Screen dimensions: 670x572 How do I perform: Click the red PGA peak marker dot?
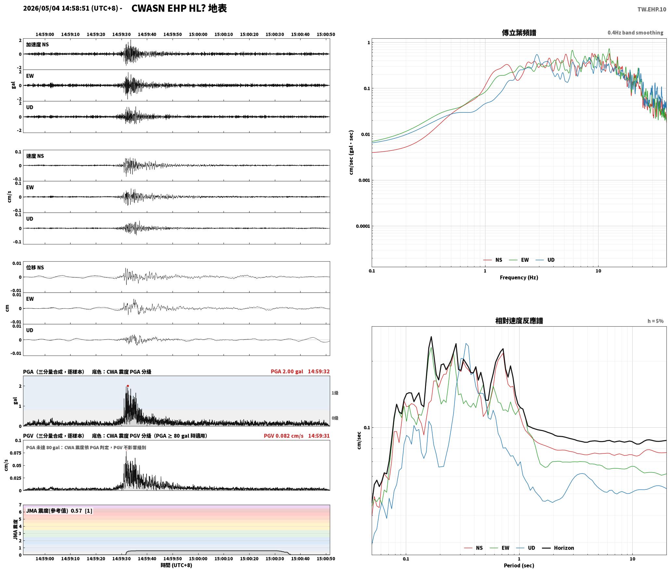coord(128,386)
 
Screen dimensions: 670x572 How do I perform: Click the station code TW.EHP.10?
coord(651,9)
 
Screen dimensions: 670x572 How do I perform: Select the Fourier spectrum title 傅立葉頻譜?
coord(519,33)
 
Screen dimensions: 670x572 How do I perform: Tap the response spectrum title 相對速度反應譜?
coord(519,321)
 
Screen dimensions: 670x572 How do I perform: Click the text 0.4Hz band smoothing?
coord(635,33)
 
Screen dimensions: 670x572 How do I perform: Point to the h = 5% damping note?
coord(655,321)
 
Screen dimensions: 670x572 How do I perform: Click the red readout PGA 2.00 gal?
coord(287,371)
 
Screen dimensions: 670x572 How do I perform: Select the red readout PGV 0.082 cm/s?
coord(283,435)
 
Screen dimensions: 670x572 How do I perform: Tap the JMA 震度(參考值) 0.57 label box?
coord(59,511)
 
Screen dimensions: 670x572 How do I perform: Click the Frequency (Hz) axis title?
coord(519,278)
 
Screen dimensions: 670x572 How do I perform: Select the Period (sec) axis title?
coord(519,565)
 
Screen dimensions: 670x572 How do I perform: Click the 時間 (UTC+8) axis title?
coord(176,565)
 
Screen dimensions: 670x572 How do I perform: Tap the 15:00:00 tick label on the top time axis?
coord(198,34)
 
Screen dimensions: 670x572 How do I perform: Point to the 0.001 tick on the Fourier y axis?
coord(364,180)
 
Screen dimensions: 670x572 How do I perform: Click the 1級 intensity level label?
coord(335,393)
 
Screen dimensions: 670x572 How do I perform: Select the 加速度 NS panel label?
coord(37,45)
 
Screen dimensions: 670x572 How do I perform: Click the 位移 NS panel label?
coord(35,267)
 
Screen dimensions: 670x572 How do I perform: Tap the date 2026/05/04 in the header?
coord(41,8)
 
